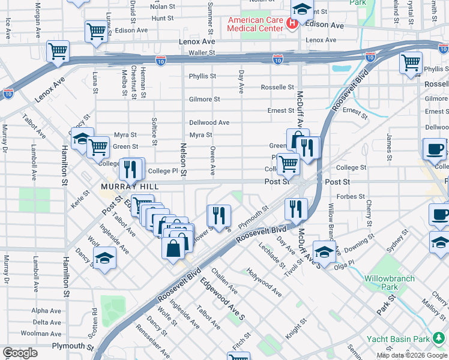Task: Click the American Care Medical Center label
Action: click(255, 24)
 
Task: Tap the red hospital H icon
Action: click(292, 24)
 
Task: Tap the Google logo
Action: click(20, 353)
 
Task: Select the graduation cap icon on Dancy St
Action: click(105, 259)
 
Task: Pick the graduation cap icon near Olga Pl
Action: click(324, 252)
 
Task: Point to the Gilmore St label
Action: click(204, 99)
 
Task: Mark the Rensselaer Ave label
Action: click(146, 340)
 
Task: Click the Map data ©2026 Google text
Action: click(412, 355)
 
